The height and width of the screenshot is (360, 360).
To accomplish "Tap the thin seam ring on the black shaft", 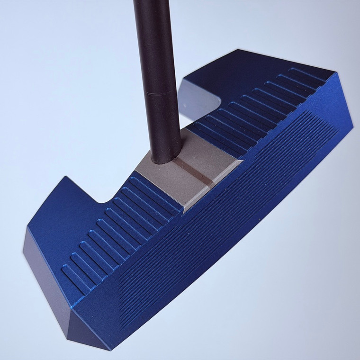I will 160,94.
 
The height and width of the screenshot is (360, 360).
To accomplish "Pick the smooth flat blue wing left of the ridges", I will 62,218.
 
